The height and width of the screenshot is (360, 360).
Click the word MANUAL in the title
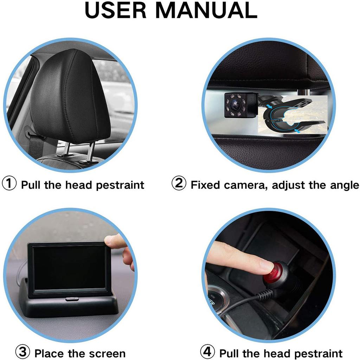(206, 10)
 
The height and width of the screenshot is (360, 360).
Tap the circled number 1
(9, 184)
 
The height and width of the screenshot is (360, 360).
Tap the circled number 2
(179, 184)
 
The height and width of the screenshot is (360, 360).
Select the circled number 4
(207, 352)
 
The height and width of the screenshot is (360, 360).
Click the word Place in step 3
(50, 353)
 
